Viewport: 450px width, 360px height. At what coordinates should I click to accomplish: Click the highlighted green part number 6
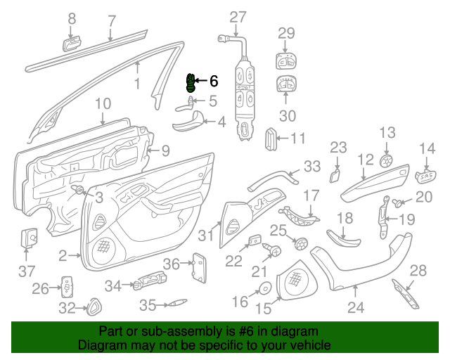[x=190, y=83]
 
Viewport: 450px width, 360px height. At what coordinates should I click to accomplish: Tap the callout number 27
[x=238, y=17]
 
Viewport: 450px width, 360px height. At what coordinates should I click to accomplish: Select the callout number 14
[x=427, y=148]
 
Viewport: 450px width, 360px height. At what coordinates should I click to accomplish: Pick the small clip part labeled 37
[x=30, y=237]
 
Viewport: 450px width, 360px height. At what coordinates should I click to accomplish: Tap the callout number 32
[x=66, y=307]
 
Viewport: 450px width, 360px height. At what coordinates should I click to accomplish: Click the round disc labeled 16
[x=266, y=288]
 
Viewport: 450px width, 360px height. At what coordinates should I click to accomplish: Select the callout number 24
[x=356, y=307]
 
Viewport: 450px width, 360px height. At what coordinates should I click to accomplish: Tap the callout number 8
[x=71, y=20]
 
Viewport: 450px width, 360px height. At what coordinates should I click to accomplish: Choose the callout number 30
[x=288, y=115]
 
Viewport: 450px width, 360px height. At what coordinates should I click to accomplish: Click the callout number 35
[x=147, y=305]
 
